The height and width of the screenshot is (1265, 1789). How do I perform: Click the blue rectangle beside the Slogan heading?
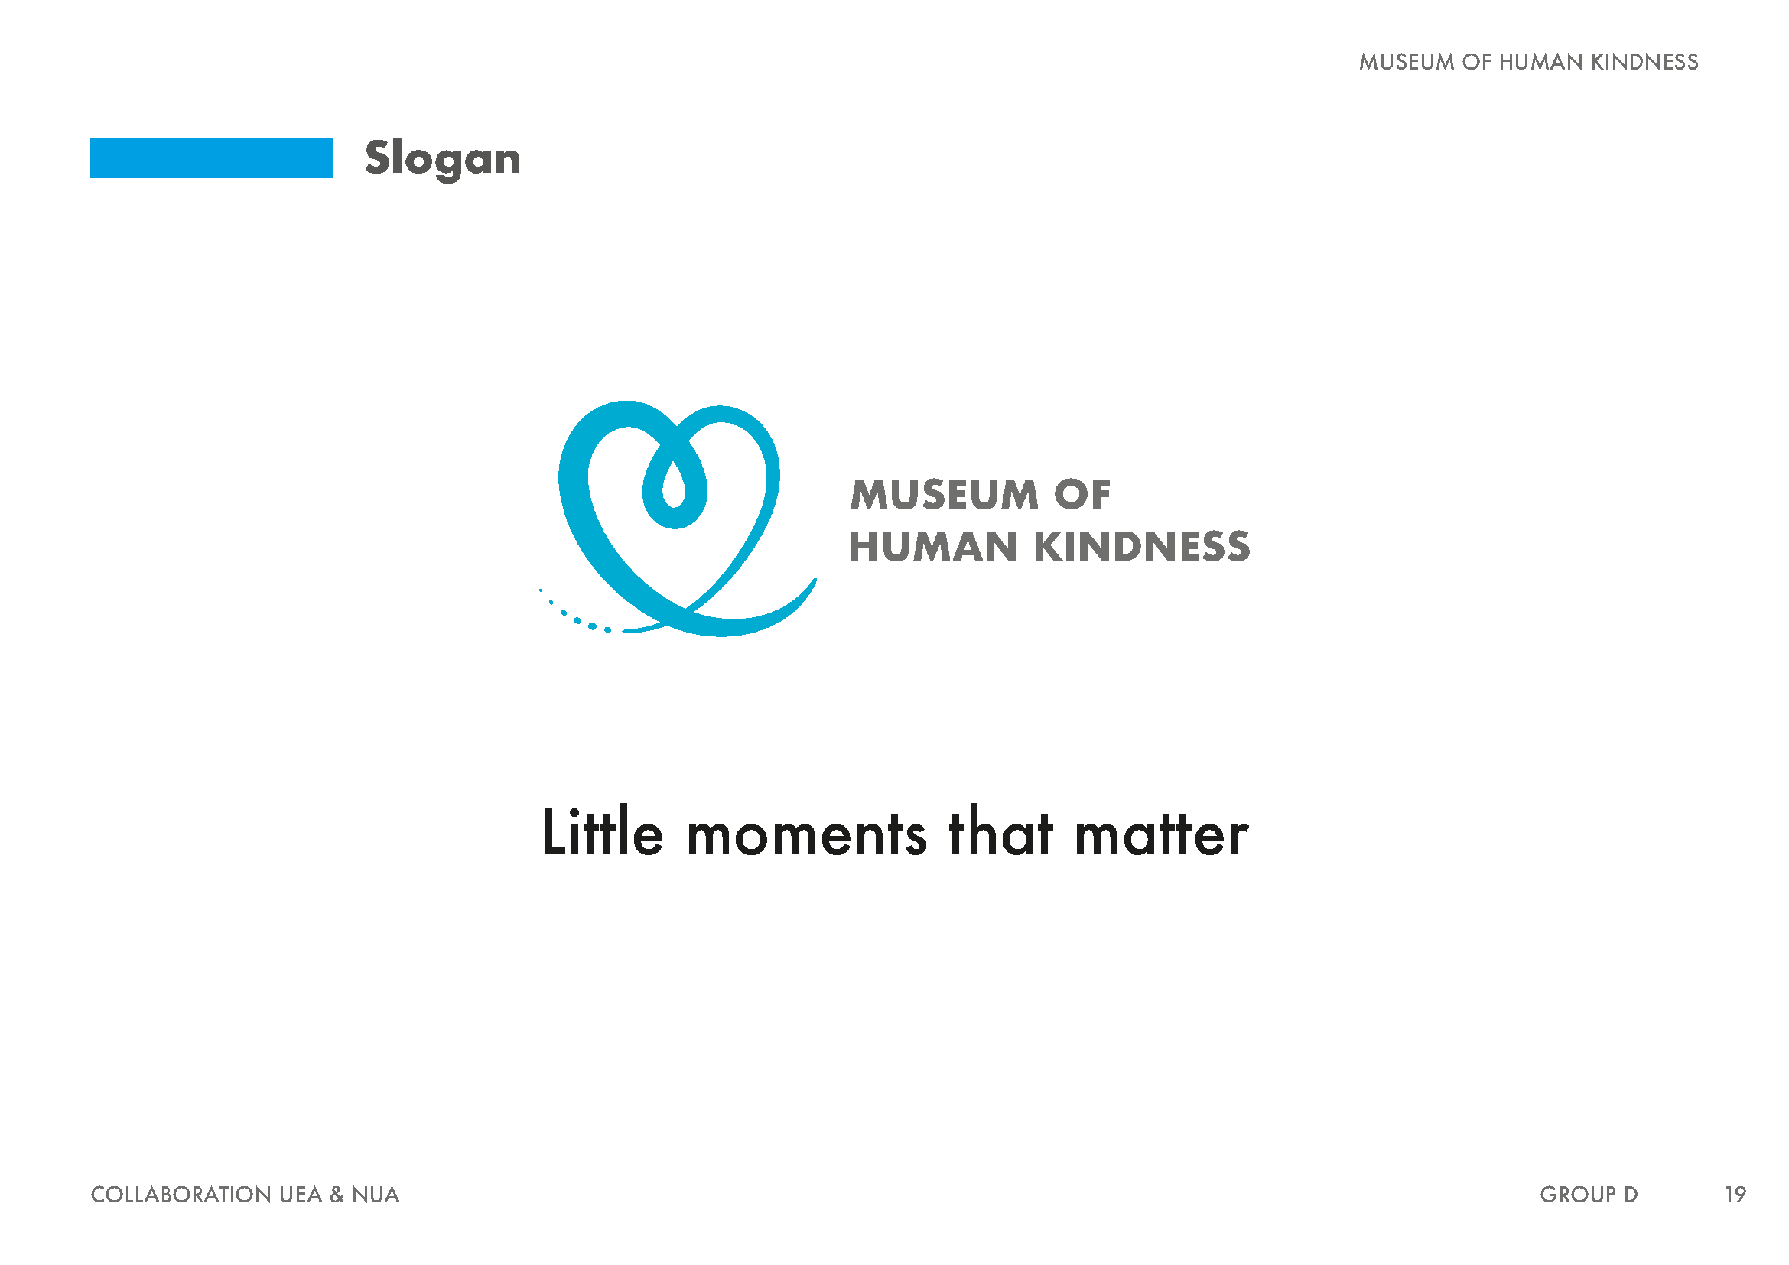211,158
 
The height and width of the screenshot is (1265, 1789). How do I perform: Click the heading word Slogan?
443,160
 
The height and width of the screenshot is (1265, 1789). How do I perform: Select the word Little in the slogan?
602,832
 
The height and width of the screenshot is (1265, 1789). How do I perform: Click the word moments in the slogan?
806,835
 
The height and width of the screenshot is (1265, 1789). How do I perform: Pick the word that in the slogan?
1000,832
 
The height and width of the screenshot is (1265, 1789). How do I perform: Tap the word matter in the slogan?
1161,835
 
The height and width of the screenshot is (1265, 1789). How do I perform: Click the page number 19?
1735,1194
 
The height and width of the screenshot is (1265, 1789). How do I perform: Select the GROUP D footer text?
1589,1194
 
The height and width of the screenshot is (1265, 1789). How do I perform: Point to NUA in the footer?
376,1194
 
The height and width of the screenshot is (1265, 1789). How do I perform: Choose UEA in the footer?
301,1194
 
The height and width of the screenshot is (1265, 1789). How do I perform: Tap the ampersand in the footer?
337,1194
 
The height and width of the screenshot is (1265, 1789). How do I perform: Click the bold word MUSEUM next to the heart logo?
945,495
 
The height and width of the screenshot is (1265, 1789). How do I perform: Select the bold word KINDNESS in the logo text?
1142,546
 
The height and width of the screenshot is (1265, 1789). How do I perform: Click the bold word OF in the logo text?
1082,495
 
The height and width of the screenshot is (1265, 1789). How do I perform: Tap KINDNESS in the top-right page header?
1644,62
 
